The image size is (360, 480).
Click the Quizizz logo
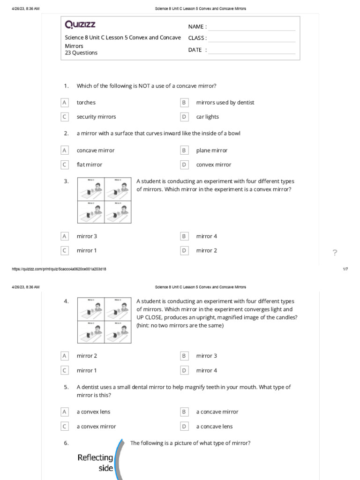coord(80,24)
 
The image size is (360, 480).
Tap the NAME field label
coord(197,27)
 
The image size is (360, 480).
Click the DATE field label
coord(195,50)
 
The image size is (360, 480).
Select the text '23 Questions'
coord(81,53)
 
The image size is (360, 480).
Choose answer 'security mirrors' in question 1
coord(96,117)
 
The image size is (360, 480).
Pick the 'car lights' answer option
coord(207,117)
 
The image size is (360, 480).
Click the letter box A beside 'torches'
coord(65,103)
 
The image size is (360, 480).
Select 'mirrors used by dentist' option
coord(225,103)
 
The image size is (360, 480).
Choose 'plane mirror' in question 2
coord(211,150)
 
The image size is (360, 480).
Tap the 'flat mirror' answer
coord(89,165)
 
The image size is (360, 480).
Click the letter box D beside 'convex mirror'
coord(184,165)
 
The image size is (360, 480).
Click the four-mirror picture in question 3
coord(104,200)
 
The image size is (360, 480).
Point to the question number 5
coord(66,387)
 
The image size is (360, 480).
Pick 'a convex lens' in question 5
coord(93,412)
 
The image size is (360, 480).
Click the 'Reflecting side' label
coord(96,462)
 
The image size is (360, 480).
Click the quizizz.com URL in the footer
coord(59,269)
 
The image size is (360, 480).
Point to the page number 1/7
coord(345,269)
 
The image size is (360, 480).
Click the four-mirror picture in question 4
coord(104,320)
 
